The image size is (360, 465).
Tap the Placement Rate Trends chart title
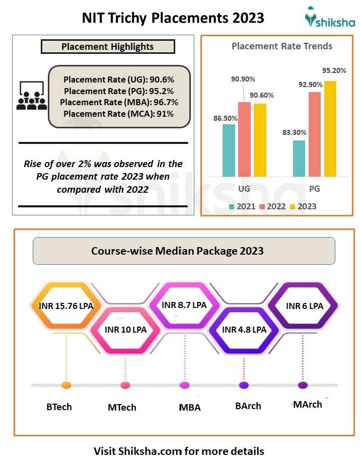[x=281, y=46]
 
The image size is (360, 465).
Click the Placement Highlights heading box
[x=107, y=47]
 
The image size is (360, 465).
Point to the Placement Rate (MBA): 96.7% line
[x=119, y=102]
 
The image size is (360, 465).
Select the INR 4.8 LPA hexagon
[x=244, y=330]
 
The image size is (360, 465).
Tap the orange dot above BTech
[x=66, y=385]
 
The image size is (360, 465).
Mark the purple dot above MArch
[x=303, y=385]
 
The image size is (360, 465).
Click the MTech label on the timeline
[x=122, y=407]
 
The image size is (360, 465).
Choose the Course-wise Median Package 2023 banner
[x=184, y=251]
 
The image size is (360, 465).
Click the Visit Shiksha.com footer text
[x=179, y=450]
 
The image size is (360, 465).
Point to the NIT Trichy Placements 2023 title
[x=173, y=18]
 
